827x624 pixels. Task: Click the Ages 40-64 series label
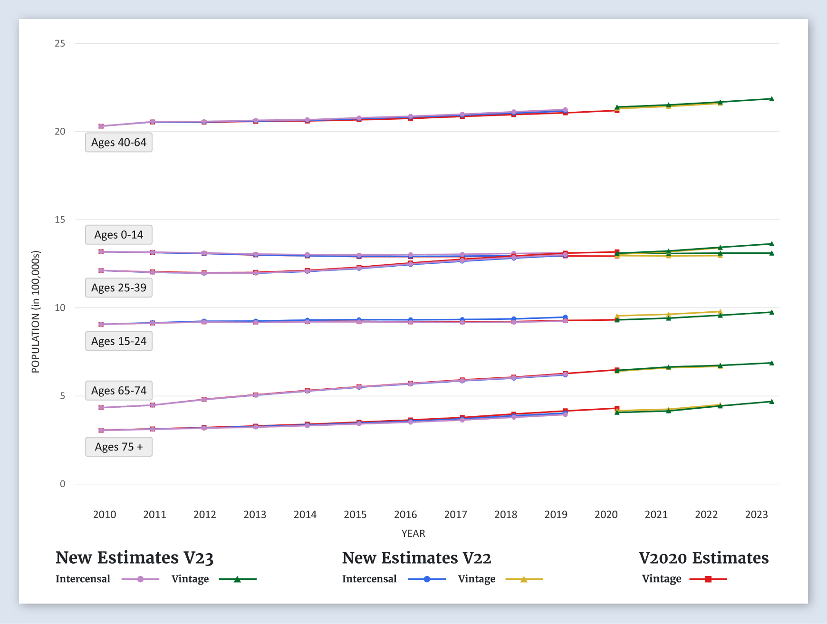119,143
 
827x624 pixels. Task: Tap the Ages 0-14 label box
119,235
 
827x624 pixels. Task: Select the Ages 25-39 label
119,288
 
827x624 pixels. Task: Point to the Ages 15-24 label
119,341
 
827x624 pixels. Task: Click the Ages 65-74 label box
119,391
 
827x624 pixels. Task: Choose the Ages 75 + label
119,447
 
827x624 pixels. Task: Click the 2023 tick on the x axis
756,514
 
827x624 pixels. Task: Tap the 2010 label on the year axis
105,514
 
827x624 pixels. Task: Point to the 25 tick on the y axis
60,43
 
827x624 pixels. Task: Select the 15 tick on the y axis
60,220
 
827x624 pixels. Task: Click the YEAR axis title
413,534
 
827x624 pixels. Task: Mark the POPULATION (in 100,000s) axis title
36,312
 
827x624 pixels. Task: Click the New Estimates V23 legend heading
135,557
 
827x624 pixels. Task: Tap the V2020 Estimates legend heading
703,557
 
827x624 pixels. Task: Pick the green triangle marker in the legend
237,579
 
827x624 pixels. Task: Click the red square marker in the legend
708,579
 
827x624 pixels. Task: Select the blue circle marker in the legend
427,579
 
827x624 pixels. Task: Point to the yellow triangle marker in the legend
524,579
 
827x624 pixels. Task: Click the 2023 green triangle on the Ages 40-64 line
771,99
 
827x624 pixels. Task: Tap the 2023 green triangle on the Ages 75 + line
771,402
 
